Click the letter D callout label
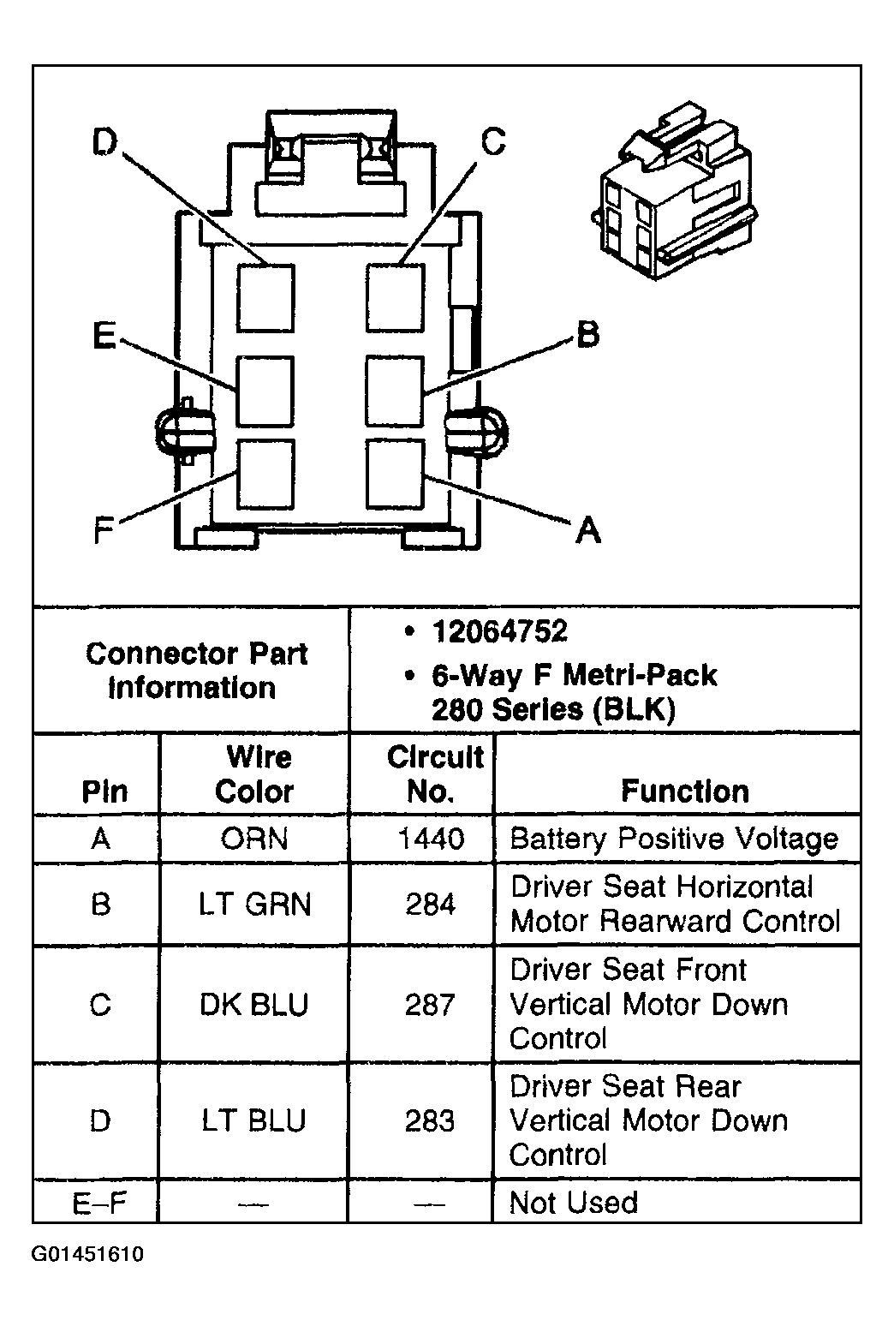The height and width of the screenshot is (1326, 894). [x=104, y=143]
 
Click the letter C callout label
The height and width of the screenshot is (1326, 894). [x=493, y=141]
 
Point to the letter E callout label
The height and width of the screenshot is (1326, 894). [x=104, y=336]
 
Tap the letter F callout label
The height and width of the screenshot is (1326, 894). [x=104, y=532]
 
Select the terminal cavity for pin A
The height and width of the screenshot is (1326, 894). [x=395, y=472]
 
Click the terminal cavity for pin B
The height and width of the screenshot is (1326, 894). [x=395, y=391]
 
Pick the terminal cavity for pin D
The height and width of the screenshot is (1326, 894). [x=265, y=297]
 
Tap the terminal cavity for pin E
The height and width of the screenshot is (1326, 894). [x=265, y=391]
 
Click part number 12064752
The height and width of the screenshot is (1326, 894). [x=499, y=632]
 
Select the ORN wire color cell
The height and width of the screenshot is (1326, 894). [x=253, y=838]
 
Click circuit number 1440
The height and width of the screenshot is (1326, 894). [x=430, y=838]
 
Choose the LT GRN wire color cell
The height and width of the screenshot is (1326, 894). [x=254, y=905]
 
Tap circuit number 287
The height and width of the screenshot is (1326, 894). [x=430, y=1004]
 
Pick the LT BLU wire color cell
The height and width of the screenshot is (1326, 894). [x=253, y=1120]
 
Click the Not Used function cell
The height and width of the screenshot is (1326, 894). [x=573, y=1203]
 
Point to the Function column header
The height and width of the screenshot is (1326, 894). [x=684, y=791]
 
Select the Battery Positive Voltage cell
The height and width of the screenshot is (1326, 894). [x=673, y=838]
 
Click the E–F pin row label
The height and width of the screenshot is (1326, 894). [x=99, y=1203]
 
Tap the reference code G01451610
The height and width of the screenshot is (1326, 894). [x=87, y=1255]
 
